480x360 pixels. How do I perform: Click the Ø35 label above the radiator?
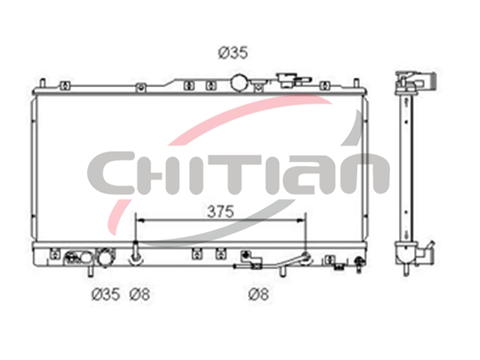232,52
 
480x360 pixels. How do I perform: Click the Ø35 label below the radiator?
106,294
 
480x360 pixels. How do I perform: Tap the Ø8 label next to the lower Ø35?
139,294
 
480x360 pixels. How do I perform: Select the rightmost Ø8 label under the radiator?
259,294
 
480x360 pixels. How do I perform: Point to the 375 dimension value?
220,211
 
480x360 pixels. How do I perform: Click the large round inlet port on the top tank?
240,82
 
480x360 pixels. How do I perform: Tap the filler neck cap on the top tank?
288,79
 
